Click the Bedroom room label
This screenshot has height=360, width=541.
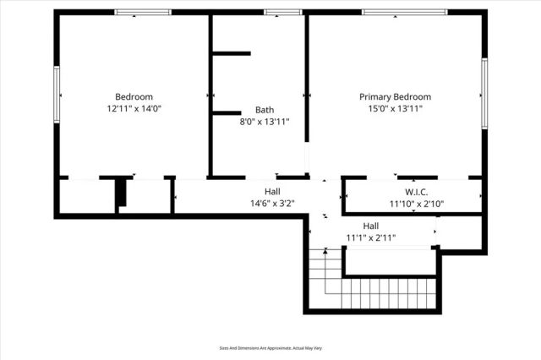134,96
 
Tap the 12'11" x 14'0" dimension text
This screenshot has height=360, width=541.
134,108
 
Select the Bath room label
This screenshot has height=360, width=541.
265,110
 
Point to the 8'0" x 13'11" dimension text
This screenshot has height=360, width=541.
265,122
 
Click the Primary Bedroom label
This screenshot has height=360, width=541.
395,96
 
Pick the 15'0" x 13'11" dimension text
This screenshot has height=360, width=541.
395,108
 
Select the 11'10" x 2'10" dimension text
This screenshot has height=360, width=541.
417,204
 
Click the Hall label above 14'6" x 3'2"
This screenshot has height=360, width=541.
272,192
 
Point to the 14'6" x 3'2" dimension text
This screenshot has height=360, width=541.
272,204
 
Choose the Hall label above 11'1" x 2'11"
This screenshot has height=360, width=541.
371,226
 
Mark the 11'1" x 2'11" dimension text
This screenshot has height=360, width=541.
371,237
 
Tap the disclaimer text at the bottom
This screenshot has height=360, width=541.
270,347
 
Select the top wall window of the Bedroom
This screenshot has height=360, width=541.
143,12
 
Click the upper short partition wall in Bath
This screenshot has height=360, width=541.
231,53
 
